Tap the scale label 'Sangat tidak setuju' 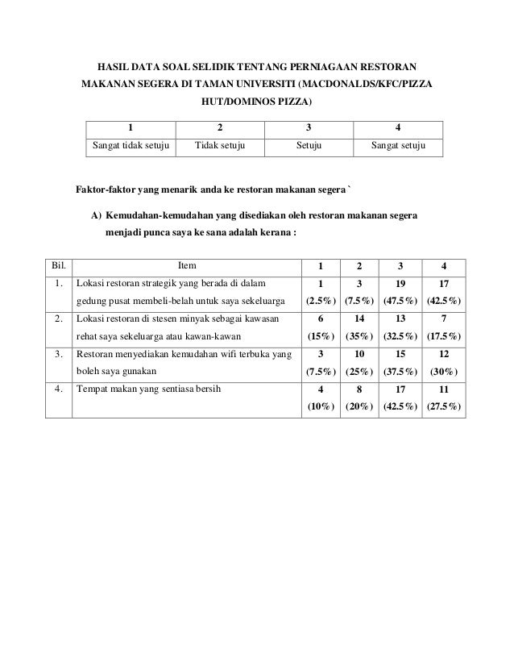tap(130, 147)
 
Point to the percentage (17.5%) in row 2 tap(444, 337)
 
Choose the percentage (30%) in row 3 tap(444, 373)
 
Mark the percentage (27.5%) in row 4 tap(444, 407)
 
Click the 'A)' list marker tap(96, 216)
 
